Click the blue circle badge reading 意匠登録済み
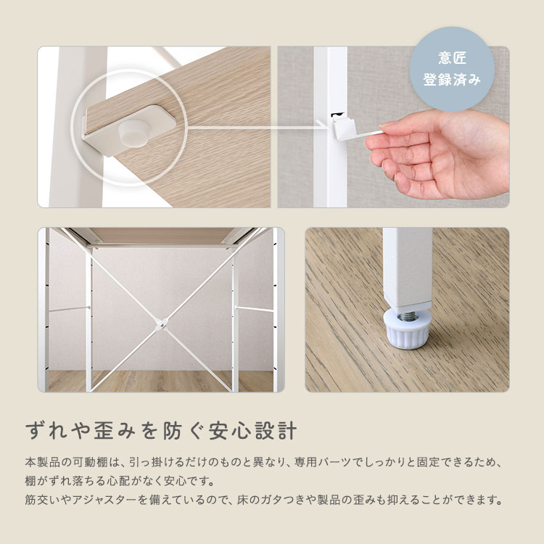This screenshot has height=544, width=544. [x=452, y=69]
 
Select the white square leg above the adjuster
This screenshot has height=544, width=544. [x=407, y=265]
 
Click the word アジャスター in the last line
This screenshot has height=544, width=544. [x=104, y=500]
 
